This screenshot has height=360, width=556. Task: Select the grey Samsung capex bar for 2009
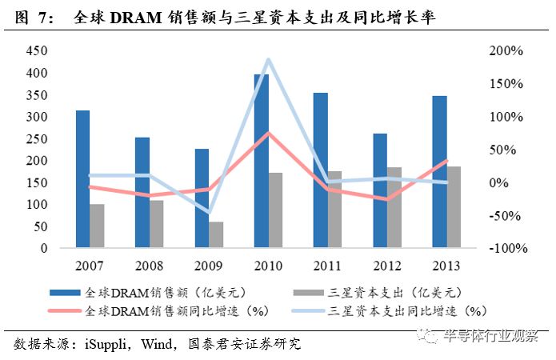point(216,234)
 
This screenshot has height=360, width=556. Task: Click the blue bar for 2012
point(379,190)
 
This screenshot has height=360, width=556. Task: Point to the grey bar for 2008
point(157,224)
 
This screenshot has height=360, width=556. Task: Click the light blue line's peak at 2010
point(268,59)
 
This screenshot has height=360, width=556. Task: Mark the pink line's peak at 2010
point(268,133)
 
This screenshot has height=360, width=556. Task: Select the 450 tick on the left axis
point(38,50)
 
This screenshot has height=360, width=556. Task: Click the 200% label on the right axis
point(507,50)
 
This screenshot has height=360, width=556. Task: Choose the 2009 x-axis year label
point(208,264)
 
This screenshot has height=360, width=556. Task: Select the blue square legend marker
point(63,291)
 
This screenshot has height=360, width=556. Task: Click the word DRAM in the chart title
point(131,18)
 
